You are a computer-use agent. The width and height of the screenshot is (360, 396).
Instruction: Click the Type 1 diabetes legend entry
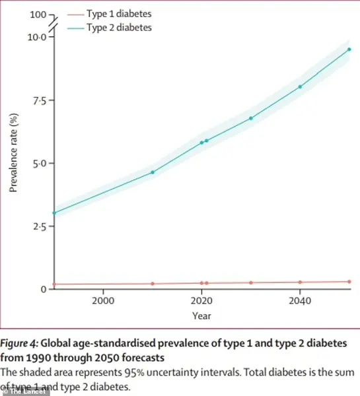coord(118,14)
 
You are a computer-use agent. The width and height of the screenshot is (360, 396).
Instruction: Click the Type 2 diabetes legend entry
coord(118,27)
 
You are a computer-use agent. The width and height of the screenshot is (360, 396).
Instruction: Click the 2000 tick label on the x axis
coord(102,301)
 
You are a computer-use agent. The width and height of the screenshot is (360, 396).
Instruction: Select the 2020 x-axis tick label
coord(201,301)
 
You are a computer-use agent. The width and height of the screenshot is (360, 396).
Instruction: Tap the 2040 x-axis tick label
coord(300,301)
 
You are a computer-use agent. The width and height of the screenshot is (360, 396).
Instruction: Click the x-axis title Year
coord(201,316)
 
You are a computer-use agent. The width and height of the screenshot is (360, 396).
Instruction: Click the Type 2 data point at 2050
coord(349,49)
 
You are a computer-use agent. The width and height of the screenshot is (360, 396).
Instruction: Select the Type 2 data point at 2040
coord(300,86)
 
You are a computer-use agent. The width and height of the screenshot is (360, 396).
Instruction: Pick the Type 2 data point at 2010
coord(153,172)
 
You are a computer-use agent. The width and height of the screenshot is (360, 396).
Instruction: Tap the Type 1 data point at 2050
coord(349,282)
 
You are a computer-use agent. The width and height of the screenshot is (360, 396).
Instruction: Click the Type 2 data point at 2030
coord(251,118)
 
